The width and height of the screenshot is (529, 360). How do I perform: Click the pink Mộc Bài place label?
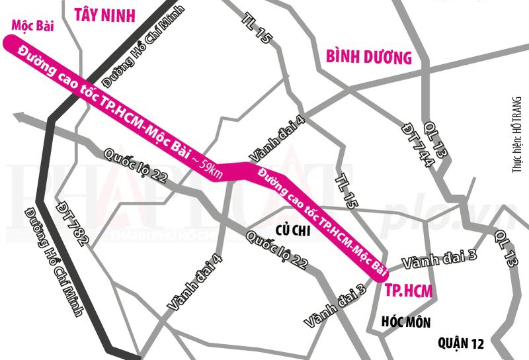tap(32, 26)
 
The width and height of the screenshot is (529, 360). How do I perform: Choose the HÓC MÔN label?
tap(407, 322)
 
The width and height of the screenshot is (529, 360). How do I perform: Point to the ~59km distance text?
tap(208, 166)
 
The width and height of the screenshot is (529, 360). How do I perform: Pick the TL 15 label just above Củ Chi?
tap(346, 192)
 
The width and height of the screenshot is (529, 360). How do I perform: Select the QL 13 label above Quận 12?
tap(505, 249)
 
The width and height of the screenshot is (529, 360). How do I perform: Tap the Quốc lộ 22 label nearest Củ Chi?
tap(275, 250)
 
